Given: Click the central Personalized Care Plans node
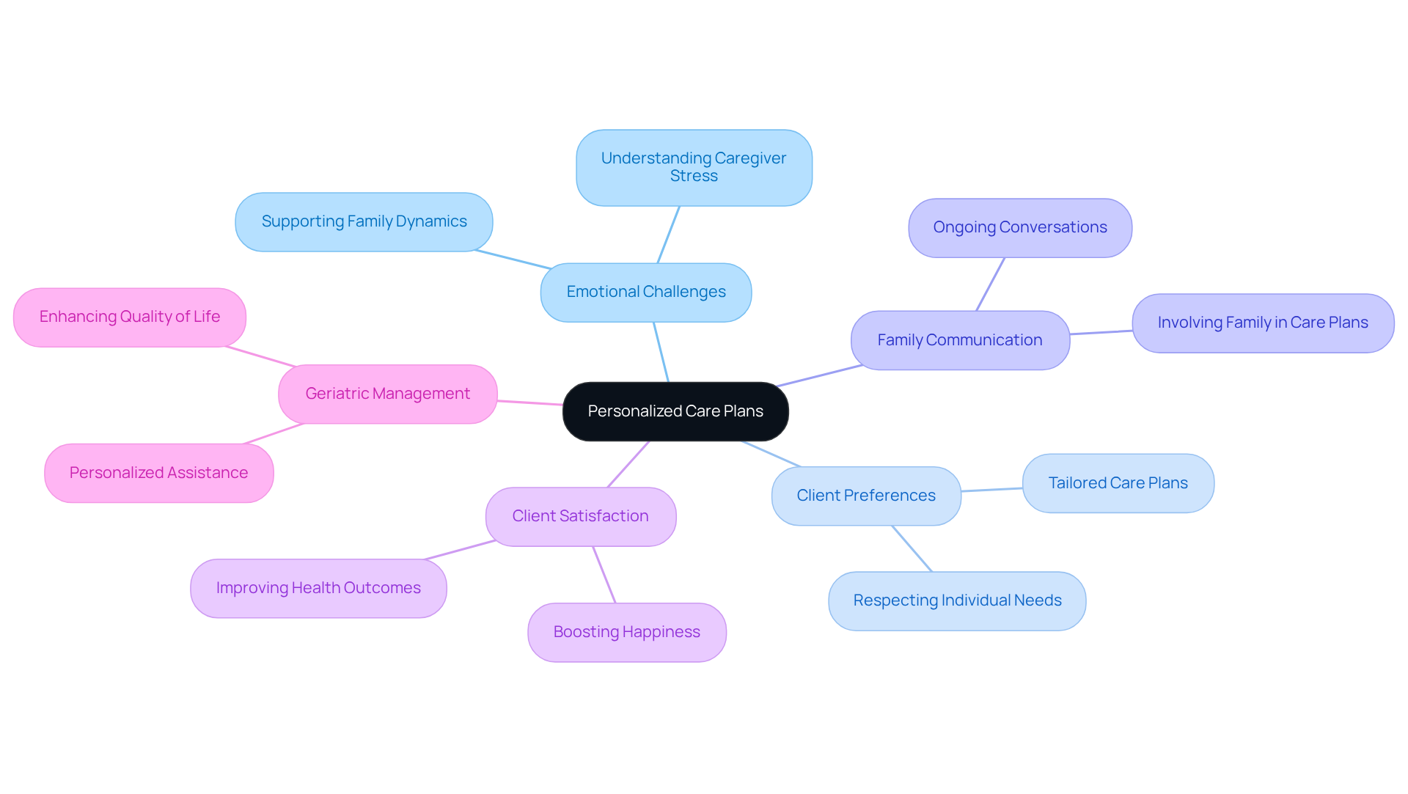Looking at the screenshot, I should tap(675, 411).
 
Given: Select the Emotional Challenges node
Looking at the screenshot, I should tap(646, 292).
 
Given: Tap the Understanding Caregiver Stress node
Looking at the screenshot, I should tap(694, 167).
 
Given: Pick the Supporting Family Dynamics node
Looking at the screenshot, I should tap(364, 221).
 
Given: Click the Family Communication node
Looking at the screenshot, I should tap(960, 340).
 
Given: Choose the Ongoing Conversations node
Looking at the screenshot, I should tap(1020, 227).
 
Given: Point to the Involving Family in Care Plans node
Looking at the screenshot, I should tap(1263, 323).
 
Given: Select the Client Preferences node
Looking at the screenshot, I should tap(866, 496).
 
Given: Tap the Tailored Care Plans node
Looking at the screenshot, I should tap(1118, 483).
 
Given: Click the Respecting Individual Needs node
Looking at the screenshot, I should tap(957, 600).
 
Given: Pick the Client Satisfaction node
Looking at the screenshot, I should tap(580, 516).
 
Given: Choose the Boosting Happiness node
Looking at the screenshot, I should tap(627, 632).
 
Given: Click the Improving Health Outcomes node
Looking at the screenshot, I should tap(318, 588).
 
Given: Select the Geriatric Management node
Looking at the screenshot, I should tap(387, 394).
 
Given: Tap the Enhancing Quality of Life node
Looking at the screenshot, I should tap(130, 317).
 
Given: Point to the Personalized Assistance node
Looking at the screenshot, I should tap(158, 473).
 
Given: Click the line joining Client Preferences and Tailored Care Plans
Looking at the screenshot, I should tap(991, 490).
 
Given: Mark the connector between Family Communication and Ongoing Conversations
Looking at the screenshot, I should tap(990, 284).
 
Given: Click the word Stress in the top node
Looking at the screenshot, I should tap(694, 177).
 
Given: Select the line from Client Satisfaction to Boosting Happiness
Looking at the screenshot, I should tap(604, 575).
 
